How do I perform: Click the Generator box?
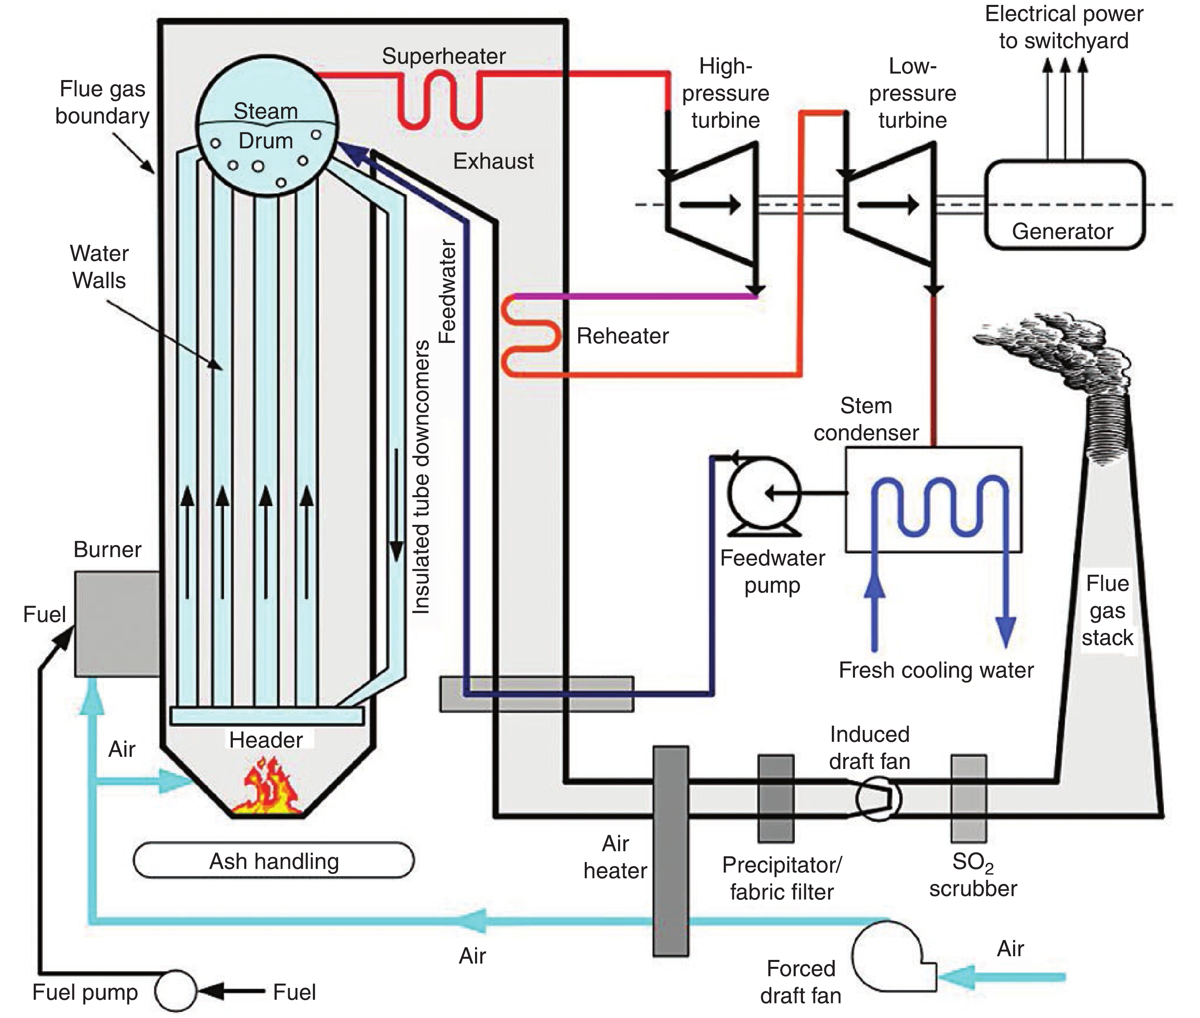1064,205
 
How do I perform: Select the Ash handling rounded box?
273,861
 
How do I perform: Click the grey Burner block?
117,623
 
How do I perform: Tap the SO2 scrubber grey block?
968,799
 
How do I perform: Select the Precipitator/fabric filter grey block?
775,799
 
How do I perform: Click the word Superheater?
443,56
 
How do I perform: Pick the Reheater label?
622,336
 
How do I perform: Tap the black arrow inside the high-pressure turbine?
710,204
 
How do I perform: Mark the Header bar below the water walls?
267,716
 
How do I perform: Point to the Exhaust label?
493,161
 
